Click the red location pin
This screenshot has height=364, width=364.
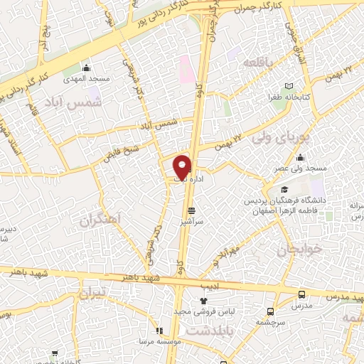pos(183,167)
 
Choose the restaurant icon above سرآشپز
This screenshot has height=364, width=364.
pos(191,211)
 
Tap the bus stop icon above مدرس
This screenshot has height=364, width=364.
pos(301,294)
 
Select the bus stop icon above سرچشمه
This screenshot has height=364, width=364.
pos(270,311)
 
